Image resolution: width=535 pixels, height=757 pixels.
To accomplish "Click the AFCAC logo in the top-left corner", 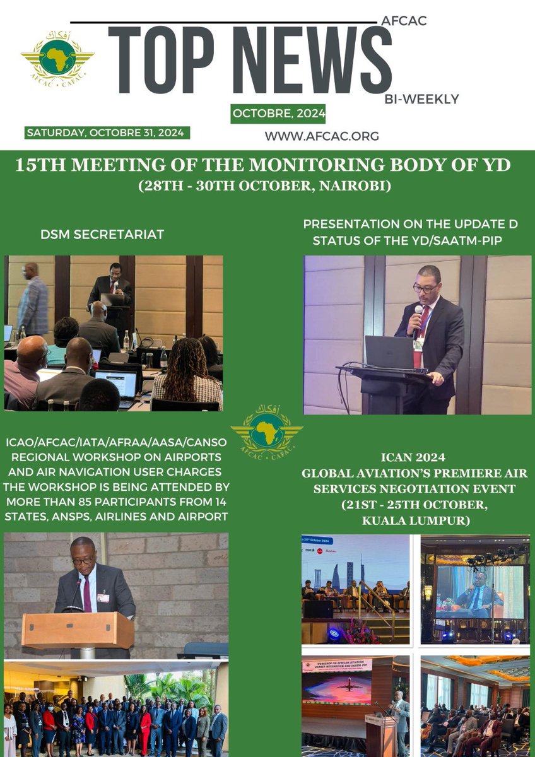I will [x=57, y=61].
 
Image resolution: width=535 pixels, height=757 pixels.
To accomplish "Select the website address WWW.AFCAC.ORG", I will [x=322, y=136].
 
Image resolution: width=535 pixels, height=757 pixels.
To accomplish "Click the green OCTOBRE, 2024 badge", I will [x=278, y=114].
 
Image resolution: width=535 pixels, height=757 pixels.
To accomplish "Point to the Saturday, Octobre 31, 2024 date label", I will [x=107, y=132].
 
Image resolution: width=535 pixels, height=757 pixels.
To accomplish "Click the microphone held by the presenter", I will [x=418, y=312].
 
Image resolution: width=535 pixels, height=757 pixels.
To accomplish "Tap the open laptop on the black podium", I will [x=389, y=352].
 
